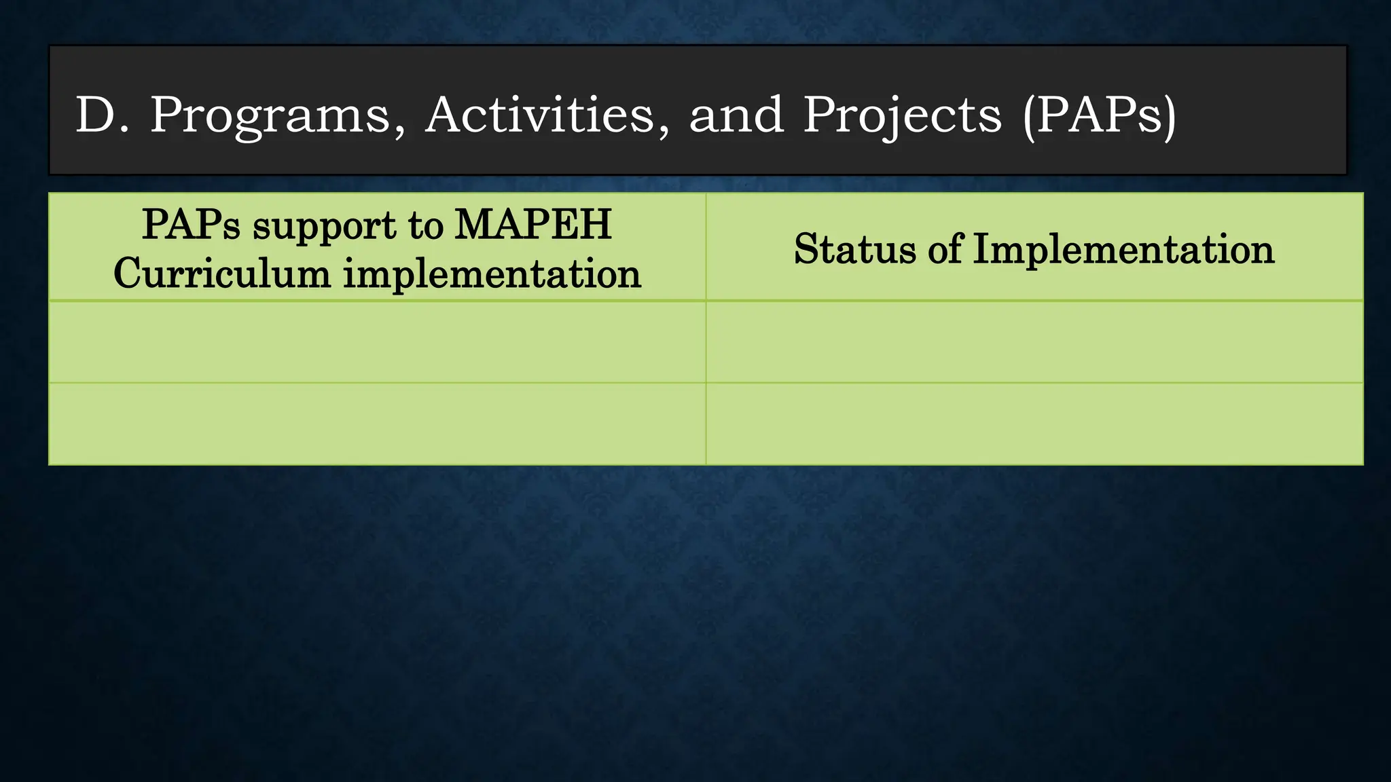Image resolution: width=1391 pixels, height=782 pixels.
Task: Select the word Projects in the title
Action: click(x=902, y=115)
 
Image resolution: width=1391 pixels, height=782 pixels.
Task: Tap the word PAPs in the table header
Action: click(x=191, y=225)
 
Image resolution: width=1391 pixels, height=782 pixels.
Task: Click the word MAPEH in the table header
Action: click(x=532, y=225)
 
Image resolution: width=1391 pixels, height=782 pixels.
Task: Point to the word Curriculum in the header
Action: click(x=221, y=274)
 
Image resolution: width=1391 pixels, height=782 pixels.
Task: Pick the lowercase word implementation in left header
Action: click(x=492, y=274)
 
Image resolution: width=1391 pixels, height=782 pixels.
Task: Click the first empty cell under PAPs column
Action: click(x=377, y=342)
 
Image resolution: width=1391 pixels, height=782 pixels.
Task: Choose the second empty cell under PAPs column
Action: click(x=377, y=424)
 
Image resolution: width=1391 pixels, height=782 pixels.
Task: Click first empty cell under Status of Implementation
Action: click(x=1034, y=342)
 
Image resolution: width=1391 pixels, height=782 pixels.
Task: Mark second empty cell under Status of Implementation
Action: click(x=1034, y=424)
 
